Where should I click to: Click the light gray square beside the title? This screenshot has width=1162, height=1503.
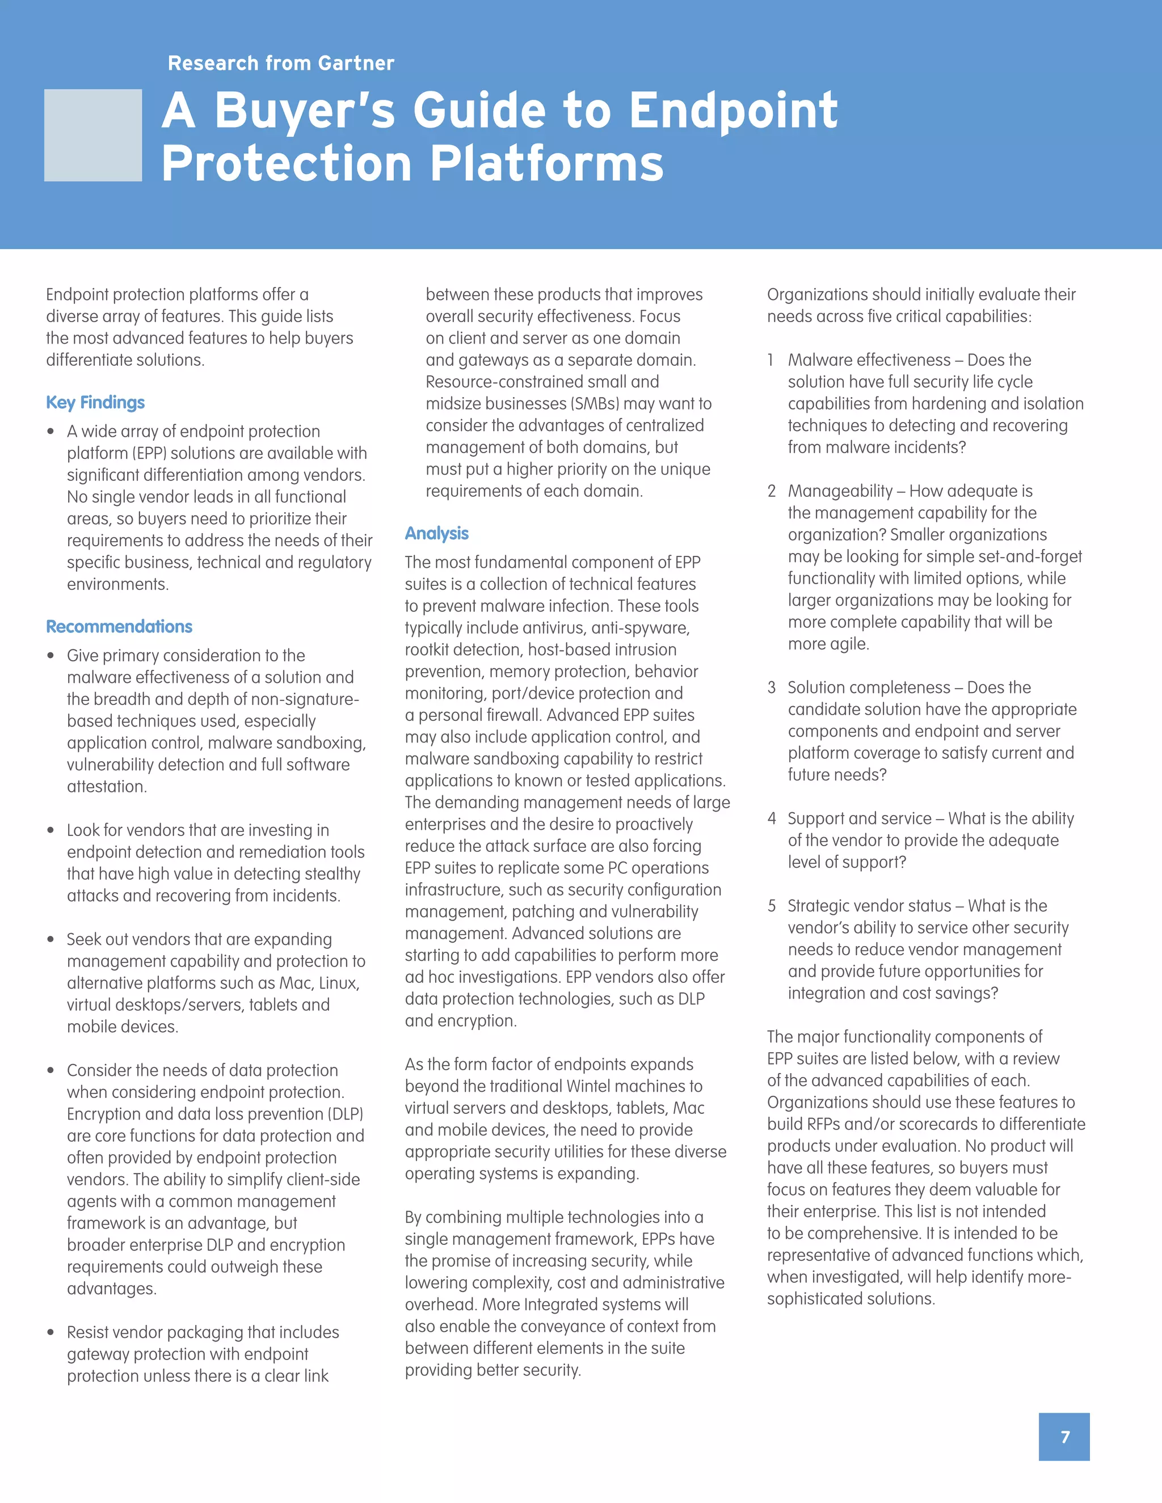(x=93, y=136)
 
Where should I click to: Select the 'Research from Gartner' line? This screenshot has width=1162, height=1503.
(x=281, y=64)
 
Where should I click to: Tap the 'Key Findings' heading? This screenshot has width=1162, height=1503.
(x=95, y=403)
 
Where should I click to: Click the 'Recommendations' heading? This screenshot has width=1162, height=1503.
(x=119, y=627)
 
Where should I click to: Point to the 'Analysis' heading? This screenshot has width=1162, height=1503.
(x=436, y=533)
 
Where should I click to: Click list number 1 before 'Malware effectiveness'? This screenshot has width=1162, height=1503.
(x=771, y=360)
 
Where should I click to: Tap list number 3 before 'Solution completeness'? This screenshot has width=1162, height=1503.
(x=771, y=687)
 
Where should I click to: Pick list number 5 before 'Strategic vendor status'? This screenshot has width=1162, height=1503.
(x=772, y=906)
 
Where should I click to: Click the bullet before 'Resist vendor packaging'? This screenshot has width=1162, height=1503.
(x=51, y=1332)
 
